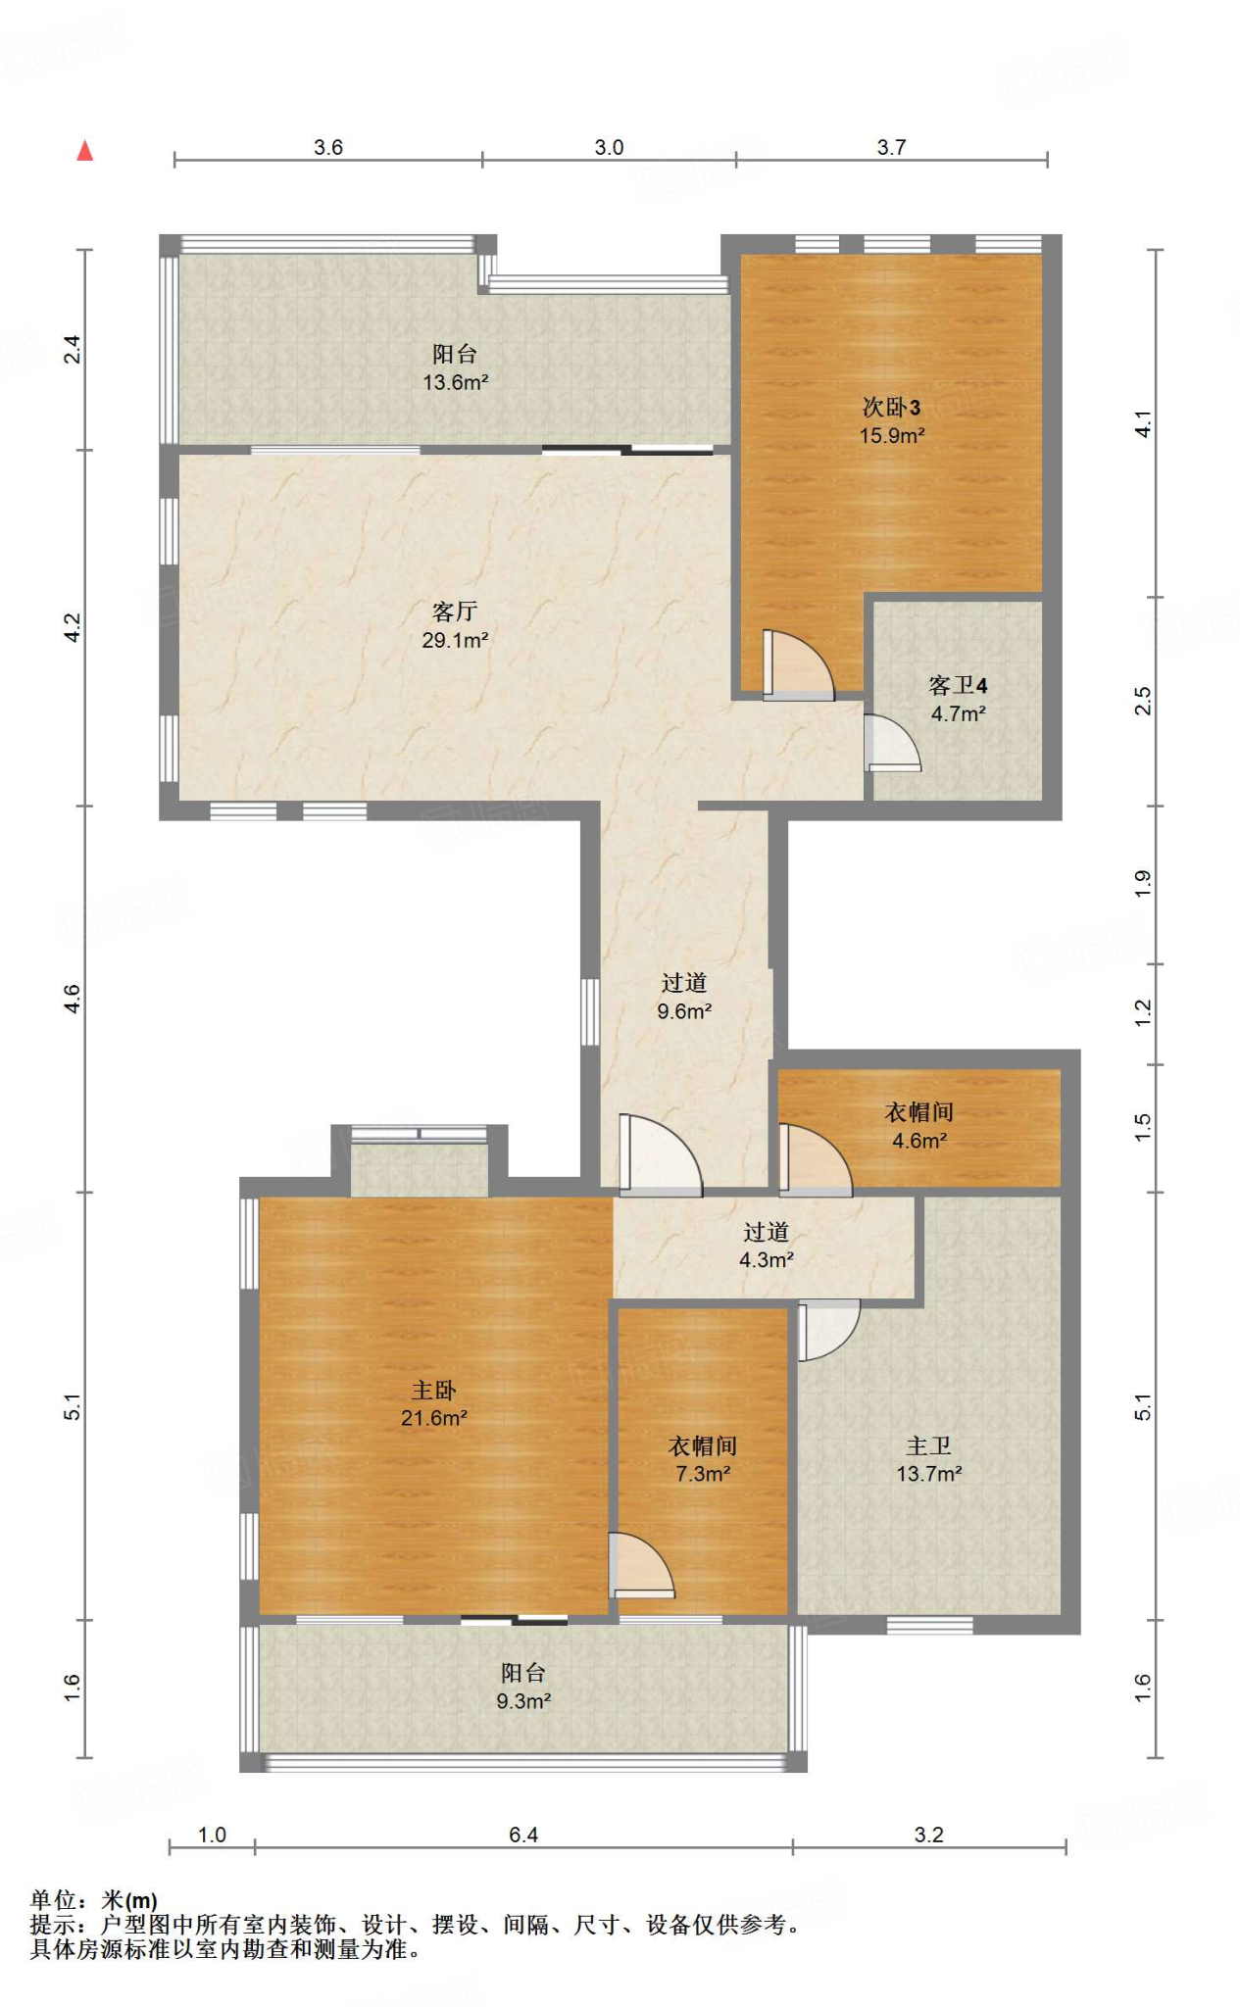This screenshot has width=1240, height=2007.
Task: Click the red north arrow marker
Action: [85, 150]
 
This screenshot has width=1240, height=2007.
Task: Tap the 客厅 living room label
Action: [455, 612]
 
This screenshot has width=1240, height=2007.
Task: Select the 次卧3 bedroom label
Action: [891, 407]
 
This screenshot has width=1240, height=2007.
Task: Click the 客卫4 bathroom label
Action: [958, 685]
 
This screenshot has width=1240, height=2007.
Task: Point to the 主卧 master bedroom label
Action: [433, 1390]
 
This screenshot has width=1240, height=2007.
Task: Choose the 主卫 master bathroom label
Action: [928, 1445]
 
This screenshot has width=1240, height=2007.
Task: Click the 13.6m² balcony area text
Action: [456, 382]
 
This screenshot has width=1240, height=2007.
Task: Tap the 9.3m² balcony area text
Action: [523, 1701]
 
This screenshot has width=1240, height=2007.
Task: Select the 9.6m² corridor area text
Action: [684, 1011]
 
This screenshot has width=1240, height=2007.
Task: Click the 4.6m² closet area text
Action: [919, 1141]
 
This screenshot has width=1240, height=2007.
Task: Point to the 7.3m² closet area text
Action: [703, 1474]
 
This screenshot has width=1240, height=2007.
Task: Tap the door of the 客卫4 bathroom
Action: [892, 743]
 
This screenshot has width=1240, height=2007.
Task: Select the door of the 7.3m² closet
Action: [641, 1565]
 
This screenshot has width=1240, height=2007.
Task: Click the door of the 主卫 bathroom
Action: [828, 1330]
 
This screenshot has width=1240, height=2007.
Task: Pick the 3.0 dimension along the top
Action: [609, 147]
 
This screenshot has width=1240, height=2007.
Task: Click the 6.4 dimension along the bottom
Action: [523, 1835]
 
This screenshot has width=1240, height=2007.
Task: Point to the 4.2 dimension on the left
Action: [73, 628]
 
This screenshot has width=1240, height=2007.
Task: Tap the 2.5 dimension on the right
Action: [1143, 701]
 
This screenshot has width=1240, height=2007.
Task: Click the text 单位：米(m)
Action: [94, 1900]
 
